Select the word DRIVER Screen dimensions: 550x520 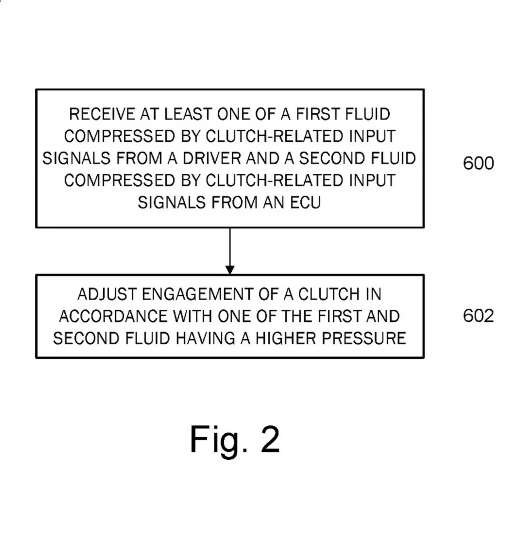coord(211,158)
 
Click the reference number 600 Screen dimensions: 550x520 coord(478,163)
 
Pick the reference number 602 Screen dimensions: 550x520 coord(478,316)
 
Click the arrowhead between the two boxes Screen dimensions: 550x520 coord(230,269)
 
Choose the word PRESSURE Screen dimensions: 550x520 coord(363,338)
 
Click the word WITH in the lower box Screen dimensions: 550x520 coord(193,316)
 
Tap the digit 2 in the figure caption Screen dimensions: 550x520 coord(270,439)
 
